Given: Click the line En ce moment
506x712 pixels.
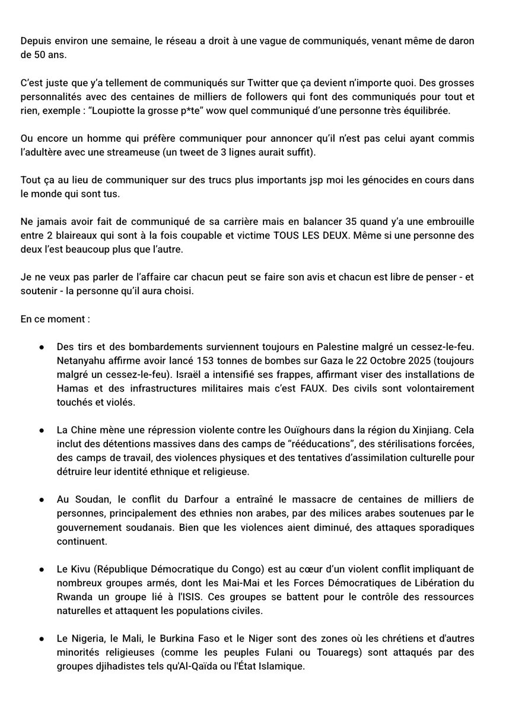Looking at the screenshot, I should click(x=55, y=319).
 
